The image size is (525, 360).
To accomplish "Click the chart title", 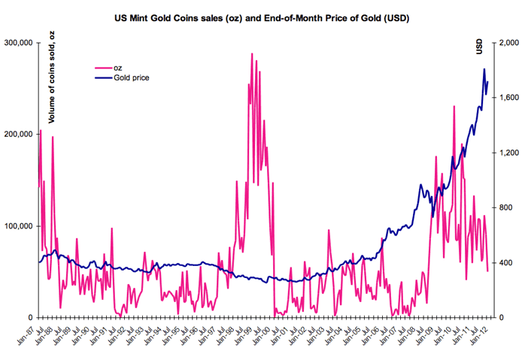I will pos(262,14).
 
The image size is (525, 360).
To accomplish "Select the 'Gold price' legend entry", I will pos(132,77).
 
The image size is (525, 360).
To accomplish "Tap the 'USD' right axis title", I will pos(478,47).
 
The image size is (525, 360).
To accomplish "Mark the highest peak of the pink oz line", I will pos(252,54).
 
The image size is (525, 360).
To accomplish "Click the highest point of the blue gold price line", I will pos(484,69).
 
